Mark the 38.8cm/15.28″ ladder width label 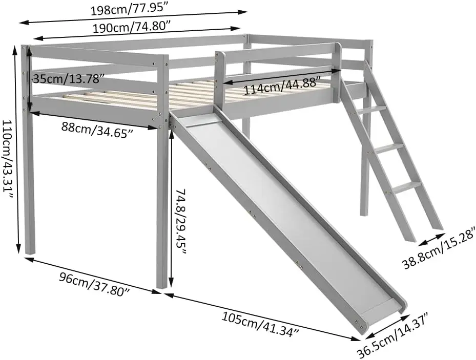(x=439, y=247)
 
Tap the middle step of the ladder (x=390, y=147)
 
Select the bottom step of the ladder (x=408, y=186)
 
